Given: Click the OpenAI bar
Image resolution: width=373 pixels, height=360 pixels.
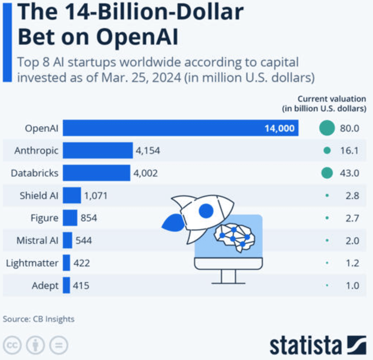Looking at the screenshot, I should click(x=180, y=128).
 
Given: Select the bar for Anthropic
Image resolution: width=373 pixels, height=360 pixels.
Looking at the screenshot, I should click(x=98, y=150).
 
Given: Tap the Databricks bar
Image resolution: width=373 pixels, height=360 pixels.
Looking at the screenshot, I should click(x=96, y=173).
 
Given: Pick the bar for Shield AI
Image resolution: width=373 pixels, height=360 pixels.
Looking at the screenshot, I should click(x=72, y=196).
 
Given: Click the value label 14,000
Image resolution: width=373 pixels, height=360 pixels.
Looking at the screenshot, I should click(x=279, y=128).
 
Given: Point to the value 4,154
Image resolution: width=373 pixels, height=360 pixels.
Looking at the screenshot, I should click(x=148, y=150).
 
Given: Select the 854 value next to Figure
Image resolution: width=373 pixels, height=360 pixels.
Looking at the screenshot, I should click(x=89, y=218).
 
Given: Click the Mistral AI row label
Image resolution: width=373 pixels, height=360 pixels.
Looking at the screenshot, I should click(x=37, y=241).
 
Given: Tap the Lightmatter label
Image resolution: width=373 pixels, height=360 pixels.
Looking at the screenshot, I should click(x=32, y=263).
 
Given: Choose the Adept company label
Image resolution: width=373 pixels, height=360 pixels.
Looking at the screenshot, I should click(x=45, y=286).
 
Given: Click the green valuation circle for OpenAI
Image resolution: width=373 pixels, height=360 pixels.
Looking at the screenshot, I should click(x=327, y=128).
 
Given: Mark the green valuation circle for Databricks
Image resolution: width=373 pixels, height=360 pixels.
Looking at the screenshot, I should click(x=327, y=173).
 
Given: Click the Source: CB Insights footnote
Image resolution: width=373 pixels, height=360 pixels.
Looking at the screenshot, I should click(x=38, y=319).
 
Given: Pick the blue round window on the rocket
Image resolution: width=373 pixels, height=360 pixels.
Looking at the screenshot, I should click(x=206, y=211).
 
